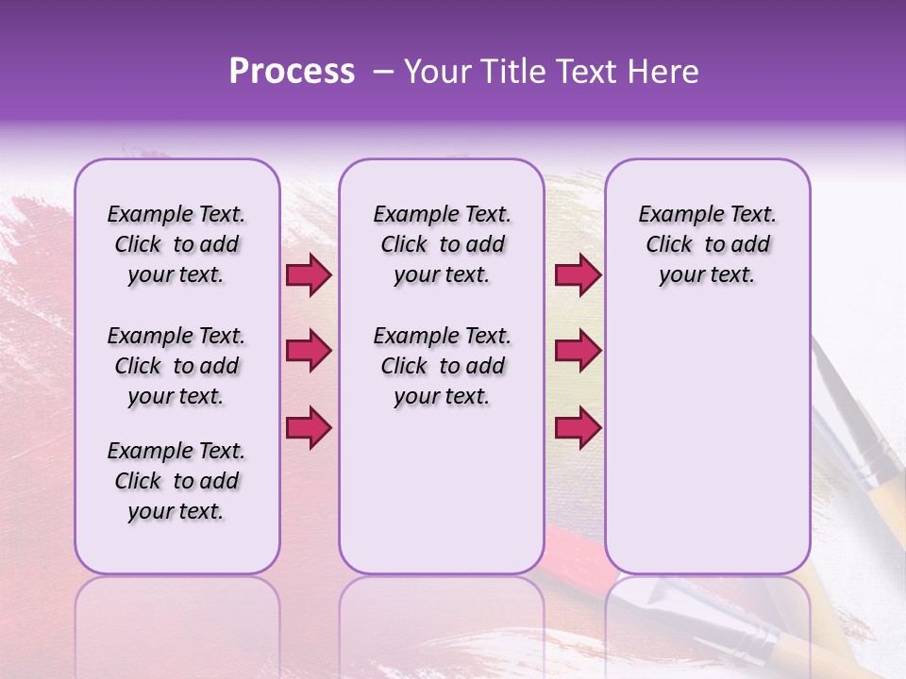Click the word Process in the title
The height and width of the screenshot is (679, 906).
(x=292, y=72)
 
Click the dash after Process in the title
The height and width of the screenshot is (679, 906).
(x=383, y=73)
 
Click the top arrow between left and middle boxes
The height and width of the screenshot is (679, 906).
(x=309, y=275)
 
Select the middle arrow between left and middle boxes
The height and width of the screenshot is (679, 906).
(x=309, y=351)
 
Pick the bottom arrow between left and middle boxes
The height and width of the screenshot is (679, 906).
(x=309, y=427)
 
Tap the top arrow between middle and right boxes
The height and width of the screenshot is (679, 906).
(x=578, y=275)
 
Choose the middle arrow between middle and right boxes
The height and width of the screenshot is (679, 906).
(x=578, y=351)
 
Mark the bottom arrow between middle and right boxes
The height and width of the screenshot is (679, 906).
(x=578, y=427)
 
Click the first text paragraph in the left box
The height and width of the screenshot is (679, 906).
(x=176, y=244)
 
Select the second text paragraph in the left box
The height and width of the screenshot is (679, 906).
(x=176, y=366)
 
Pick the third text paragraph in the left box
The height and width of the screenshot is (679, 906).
(x=176, y=481)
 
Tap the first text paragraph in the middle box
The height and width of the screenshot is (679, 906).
(x=442, y=244)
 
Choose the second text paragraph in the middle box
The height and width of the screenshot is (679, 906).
(x=442, y=366)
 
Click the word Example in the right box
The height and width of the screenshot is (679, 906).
(x=672, y=215)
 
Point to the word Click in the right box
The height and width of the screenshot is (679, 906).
(x=669, y=245)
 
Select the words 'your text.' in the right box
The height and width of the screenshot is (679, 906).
(x=707, y=275)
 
